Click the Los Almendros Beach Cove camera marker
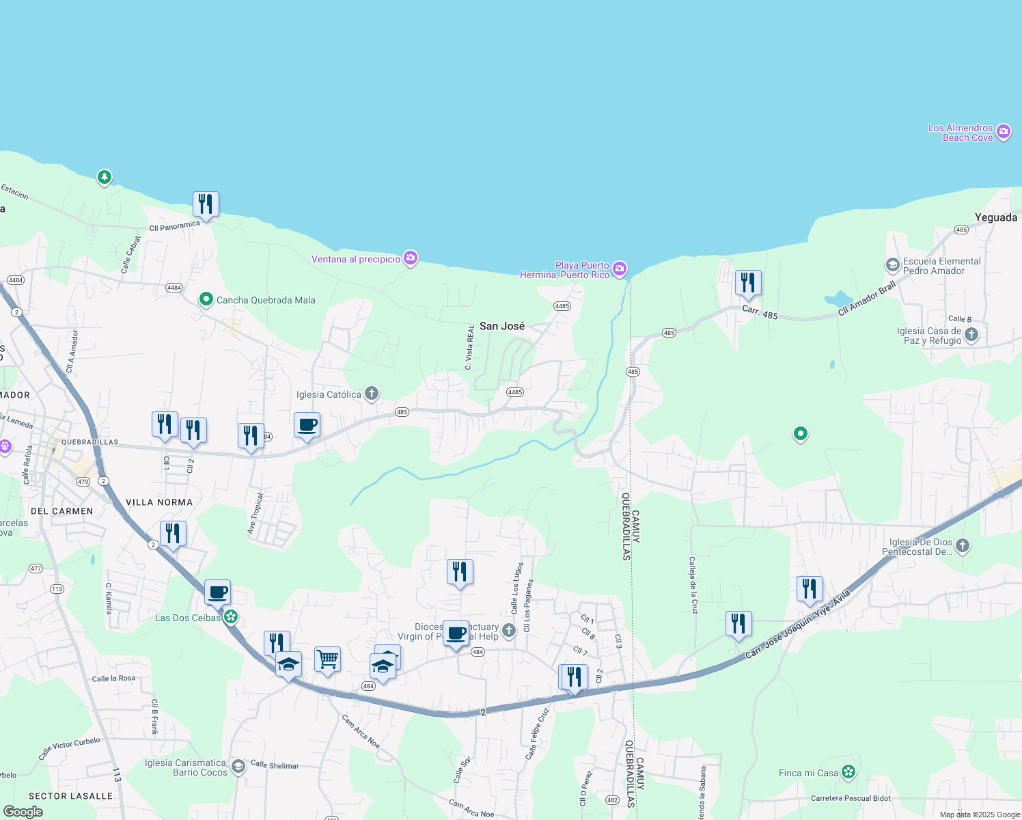pyautogui.click(x=1003, y=132)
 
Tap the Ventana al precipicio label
pyautogui.click(x=356, y=260)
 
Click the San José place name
pyautogui.click(x=502, y=326)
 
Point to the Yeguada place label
pyautogui.click(x=995, y=217)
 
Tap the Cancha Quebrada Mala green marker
pyautogui.click(x=206, y=299)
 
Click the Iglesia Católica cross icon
pyautogui.click(x=372, y=393)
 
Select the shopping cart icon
pyautogui.click(x=327, y=659)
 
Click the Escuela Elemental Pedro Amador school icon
pyautogui.click(x=892, y=265)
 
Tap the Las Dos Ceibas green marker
pyautogui.click(x=231, y=617)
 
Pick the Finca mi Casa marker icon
pyautogui.click(x=848, y=772)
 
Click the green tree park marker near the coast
pyautogui.click(x=104, y=177)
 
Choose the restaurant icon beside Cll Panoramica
pyautogui.click(x=206, y=204)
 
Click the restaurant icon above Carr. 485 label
pyautogui.click(x=748, y=283)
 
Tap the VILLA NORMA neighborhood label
pyautogui.click(x=159, y=502)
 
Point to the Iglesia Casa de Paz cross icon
pyautogui.click(x=971, y=335)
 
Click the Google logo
pyautogui.click(x=23, y=811)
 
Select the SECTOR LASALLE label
pyautogui.click(x=70, y=796)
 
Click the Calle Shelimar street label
pyautogui.click(x=275, y=765)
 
